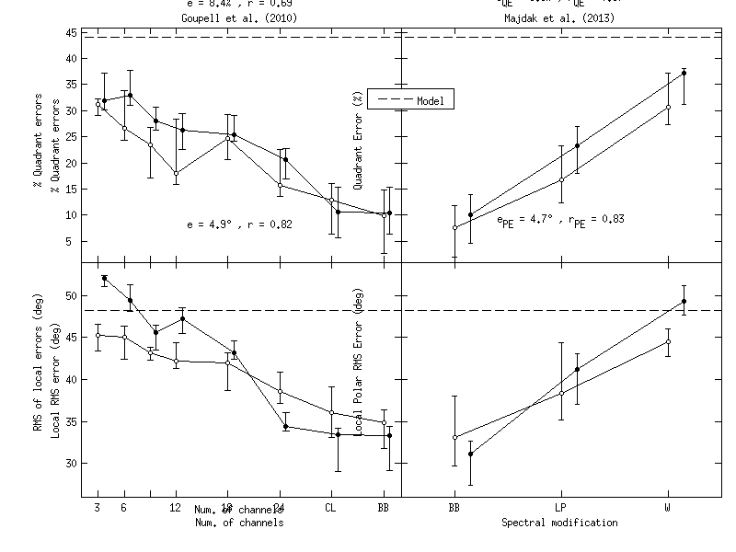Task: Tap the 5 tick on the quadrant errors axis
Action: click(x=72, y=241)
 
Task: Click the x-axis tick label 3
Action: click(x=97, y=507)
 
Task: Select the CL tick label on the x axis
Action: click(x=332, y=507)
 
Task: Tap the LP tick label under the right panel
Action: click(x=560, y=507)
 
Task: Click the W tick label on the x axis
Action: click(x=668, y=507)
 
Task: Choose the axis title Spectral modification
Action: click(x=559, y=523)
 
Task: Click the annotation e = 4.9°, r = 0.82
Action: click(x=239, y=224)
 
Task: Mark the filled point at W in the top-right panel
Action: click(x=684, y=73)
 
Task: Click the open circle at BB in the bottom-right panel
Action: click(x=454, y=437)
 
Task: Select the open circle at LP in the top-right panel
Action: click(x=561, y=179)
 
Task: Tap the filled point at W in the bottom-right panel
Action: click(x=684, y=301)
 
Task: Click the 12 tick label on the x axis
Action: click(x=176, y=507)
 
